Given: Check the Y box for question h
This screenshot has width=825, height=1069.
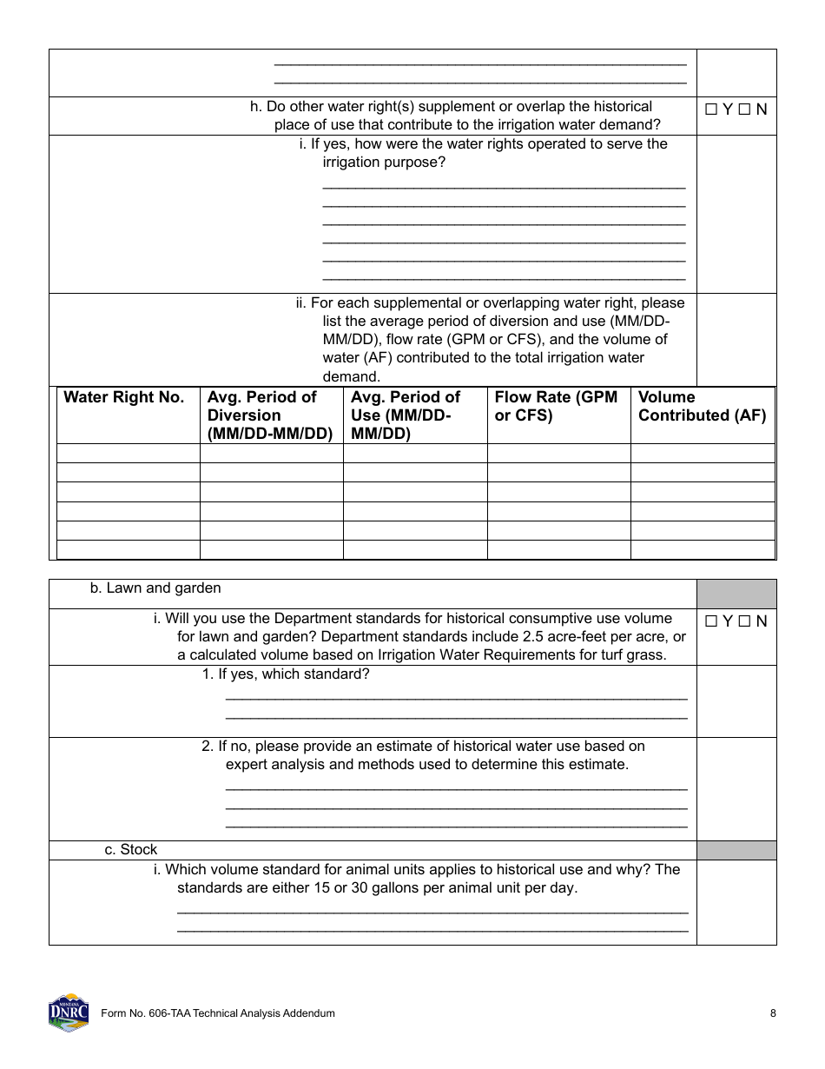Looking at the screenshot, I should point(711,110).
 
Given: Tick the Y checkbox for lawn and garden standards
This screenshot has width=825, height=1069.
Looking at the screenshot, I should point(711,621).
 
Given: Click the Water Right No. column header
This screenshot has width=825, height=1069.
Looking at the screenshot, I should point(124,397).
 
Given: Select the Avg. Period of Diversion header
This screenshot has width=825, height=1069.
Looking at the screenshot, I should point(270,415).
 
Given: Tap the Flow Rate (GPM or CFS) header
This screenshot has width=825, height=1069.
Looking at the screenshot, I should point(556,406).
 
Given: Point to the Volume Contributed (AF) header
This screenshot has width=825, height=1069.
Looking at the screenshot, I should point(702,406).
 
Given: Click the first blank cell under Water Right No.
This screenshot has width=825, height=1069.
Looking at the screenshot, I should point(129,453).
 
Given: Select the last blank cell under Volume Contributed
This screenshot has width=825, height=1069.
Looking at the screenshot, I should point(702,549).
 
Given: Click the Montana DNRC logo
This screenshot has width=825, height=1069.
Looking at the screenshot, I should point(68,1013).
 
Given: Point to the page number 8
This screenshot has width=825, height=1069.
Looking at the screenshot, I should point(773,1013).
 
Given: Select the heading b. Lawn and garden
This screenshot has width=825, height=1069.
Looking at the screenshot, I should point(155,588).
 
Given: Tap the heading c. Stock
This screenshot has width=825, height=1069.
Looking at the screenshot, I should point(131,850).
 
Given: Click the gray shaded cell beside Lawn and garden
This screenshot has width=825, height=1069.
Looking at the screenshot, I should point(736,594).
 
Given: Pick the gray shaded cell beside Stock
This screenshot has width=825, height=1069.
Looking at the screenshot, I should point(736,850).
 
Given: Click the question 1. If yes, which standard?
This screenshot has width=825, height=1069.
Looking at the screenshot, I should point(286,674).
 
